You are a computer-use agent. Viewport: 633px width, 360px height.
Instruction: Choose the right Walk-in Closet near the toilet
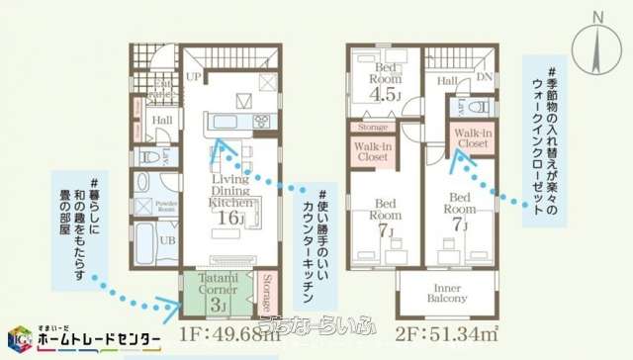[x=473, y=138]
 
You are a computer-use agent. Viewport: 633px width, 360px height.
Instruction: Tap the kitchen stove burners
[x=262, y=123]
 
